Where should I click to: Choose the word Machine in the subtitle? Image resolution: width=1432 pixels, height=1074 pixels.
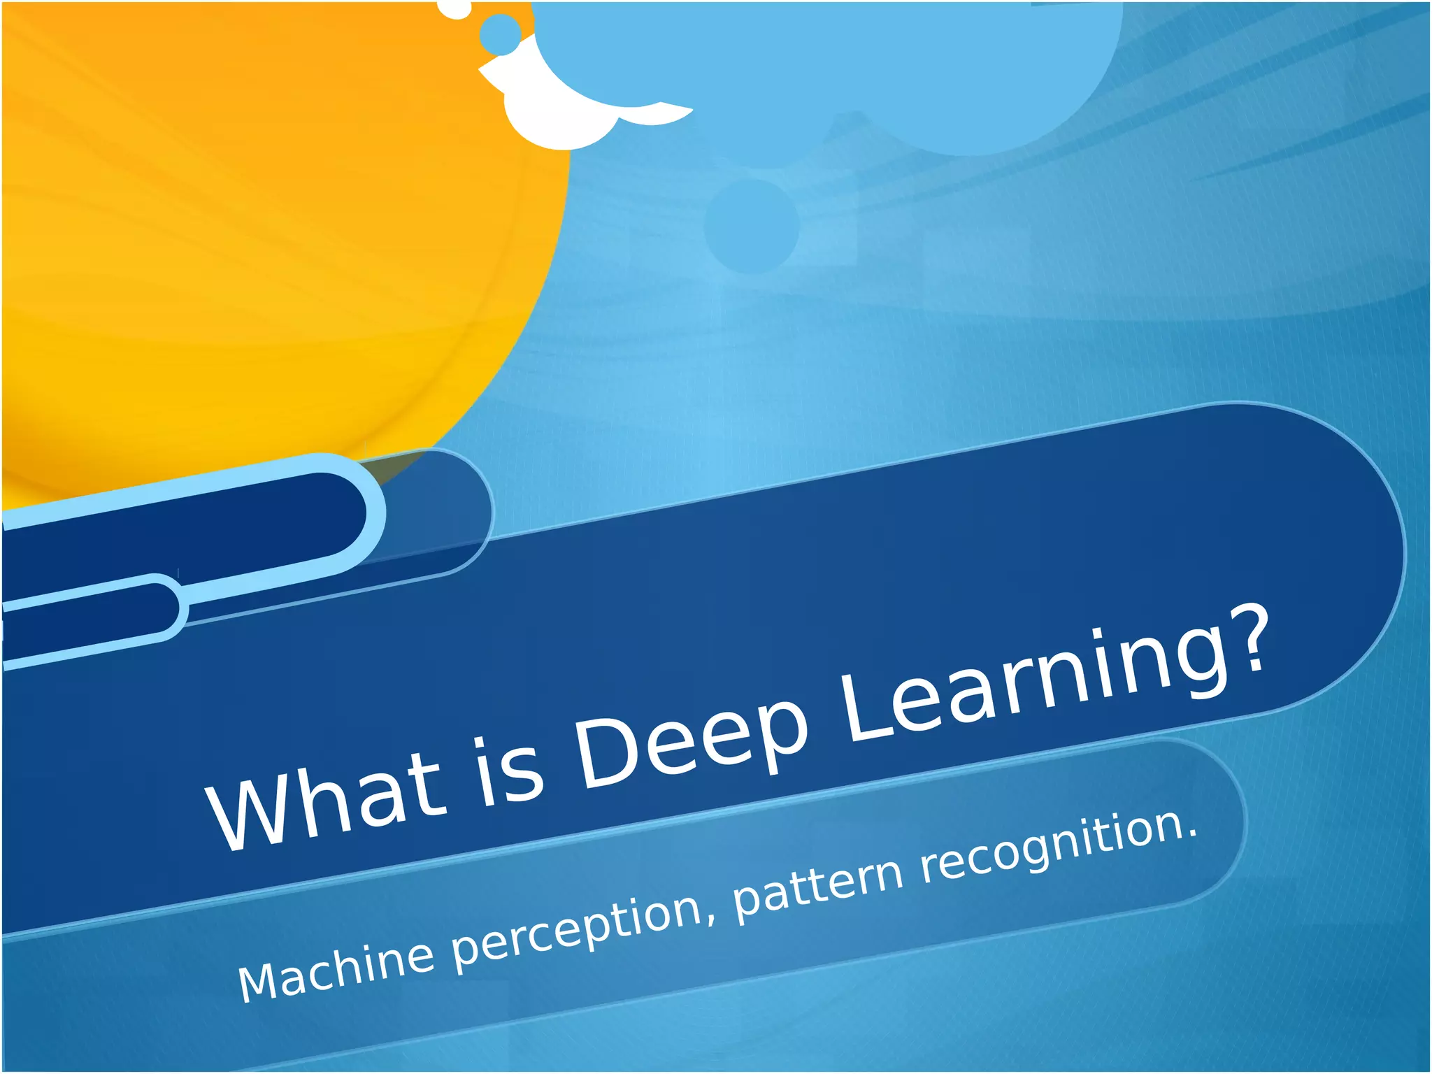point(336,968)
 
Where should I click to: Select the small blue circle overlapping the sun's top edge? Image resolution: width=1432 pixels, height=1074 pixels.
point(501,34)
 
